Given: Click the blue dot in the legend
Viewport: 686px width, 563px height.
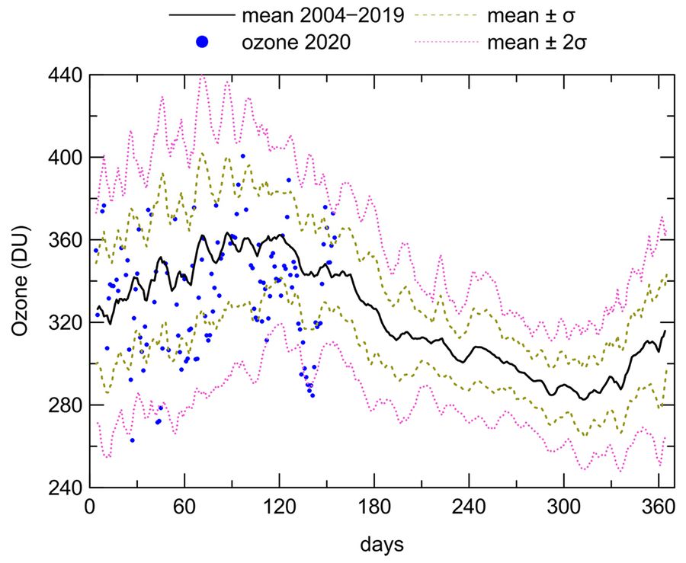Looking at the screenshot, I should pyautogui.click(x=202, y=43).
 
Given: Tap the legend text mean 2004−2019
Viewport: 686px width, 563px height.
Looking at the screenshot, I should pyautogui.click(x=322, y=16).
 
